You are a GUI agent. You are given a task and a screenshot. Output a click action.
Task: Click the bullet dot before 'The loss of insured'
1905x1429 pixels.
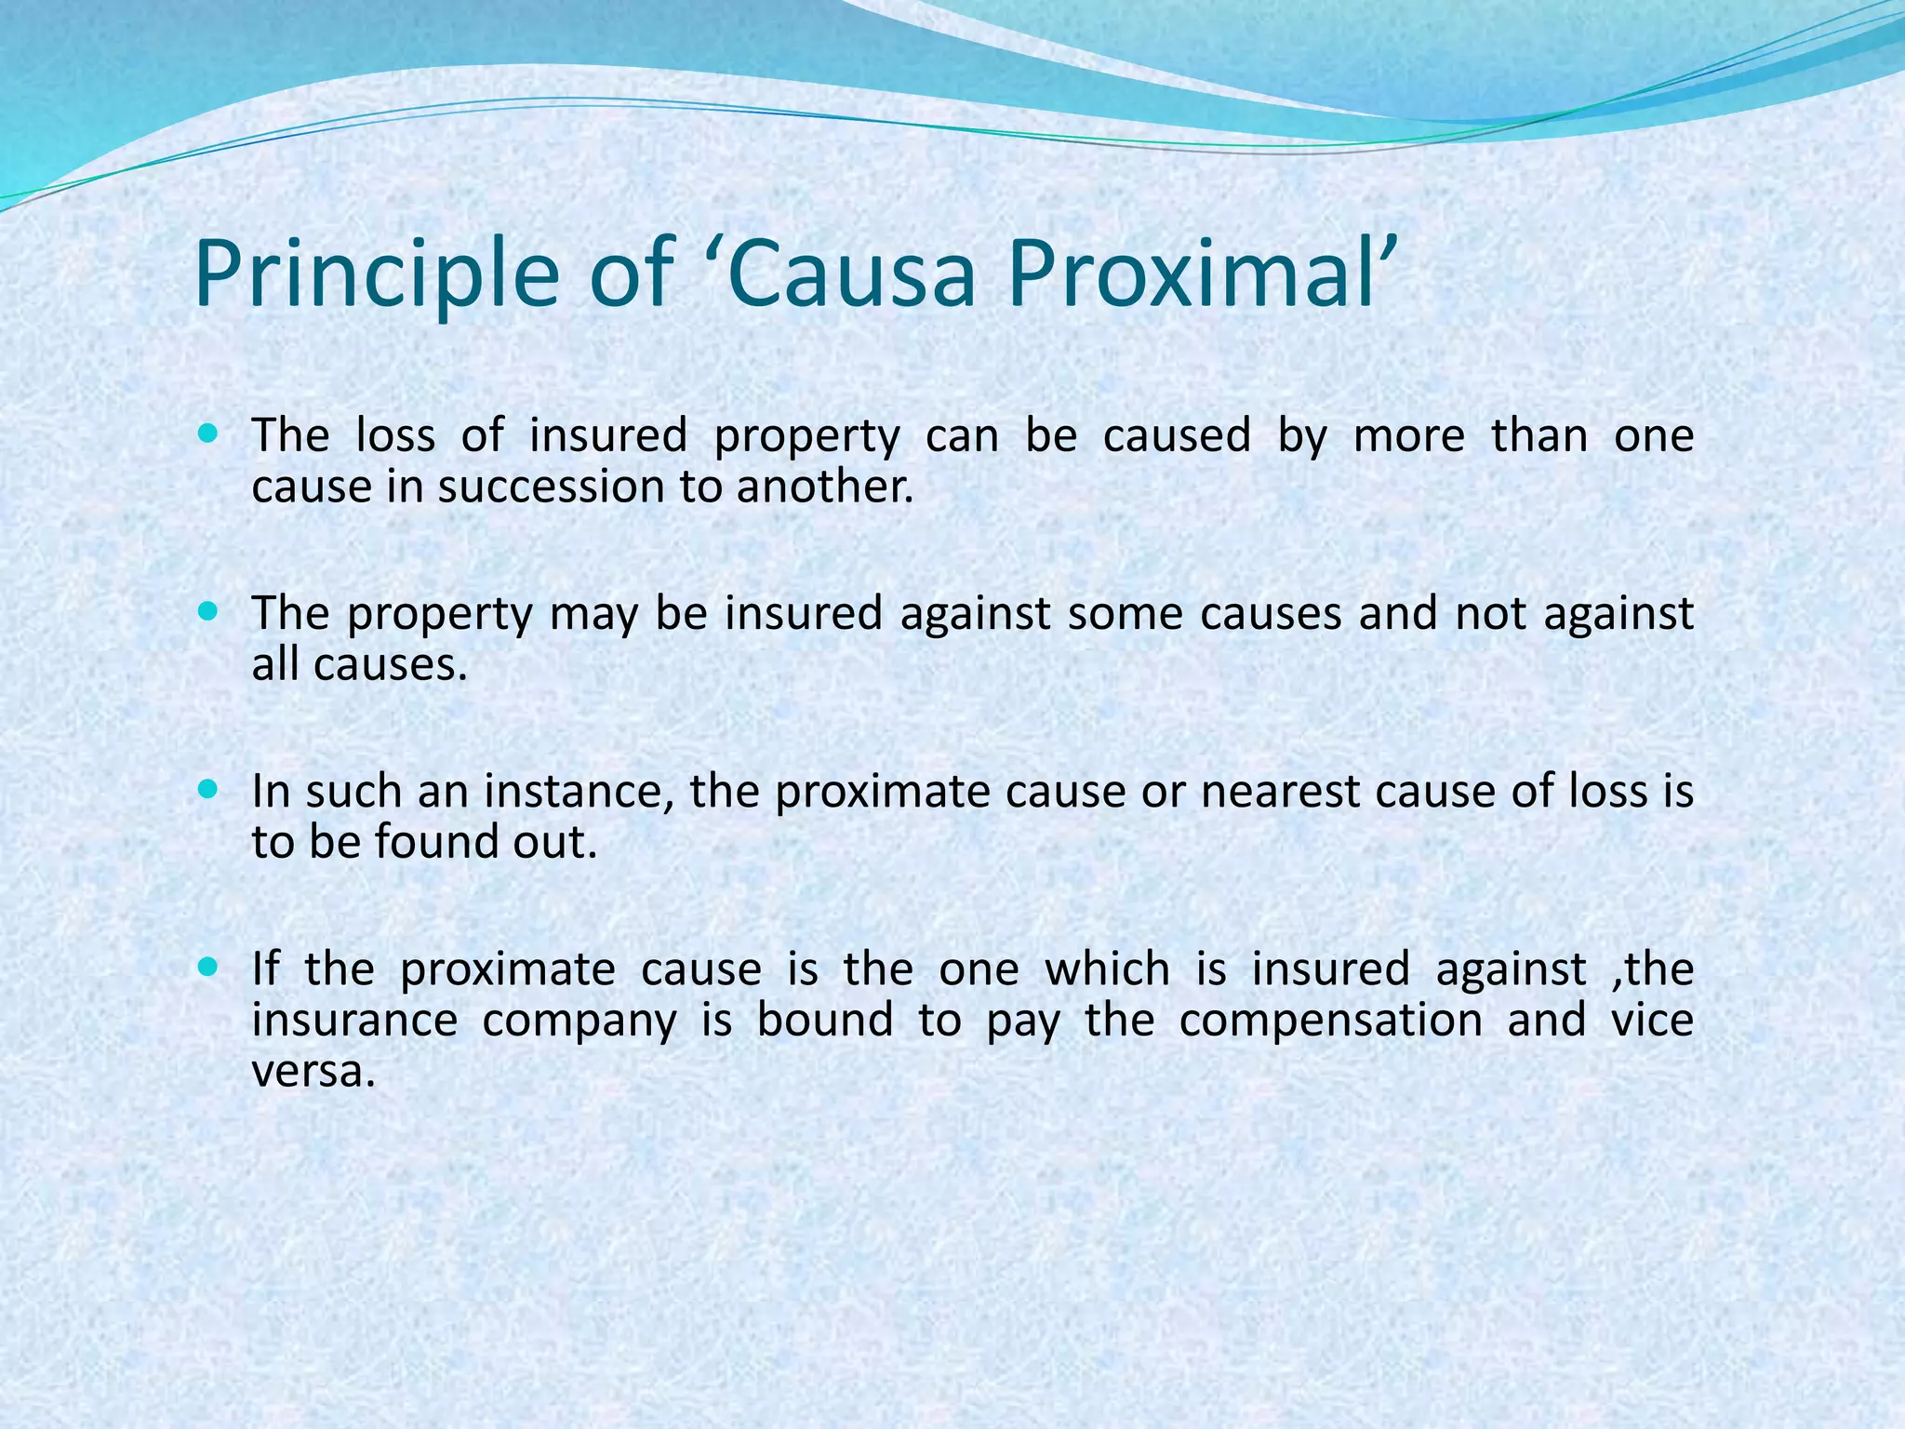[208, 434]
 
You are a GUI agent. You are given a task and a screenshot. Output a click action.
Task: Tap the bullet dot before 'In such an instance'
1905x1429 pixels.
[208, 790]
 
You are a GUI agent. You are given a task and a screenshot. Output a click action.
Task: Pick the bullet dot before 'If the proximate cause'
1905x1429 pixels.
[208, 968]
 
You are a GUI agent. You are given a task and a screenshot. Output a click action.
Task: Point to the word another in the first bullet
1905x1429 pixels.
[824, 487]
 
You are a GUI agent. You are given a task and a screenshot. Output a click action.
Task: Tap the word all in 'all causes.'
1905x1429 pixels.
[276, 664]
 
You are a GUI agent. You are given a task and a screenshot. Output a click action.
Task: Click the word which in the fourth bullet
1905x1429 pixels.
[1107, 969]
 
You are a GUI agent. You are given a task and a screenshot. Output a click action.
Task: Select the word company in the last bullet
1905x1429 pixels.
[579, 1021]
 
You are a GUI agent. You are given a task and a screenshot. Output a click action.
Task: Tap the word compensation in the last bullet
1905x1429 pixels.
[1330, 1021]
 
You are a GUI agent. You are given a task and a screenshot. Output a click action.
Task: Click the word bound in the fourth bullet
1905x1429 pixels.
[824, 1021]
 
